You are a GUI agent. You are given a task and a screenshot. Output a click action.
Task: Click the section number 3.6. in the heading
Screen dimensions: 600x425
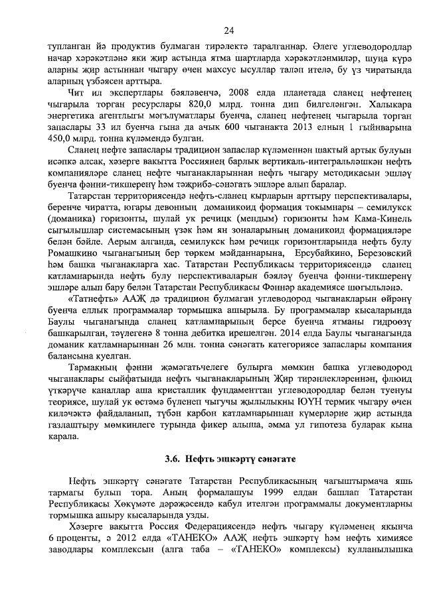click(173, 458)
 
